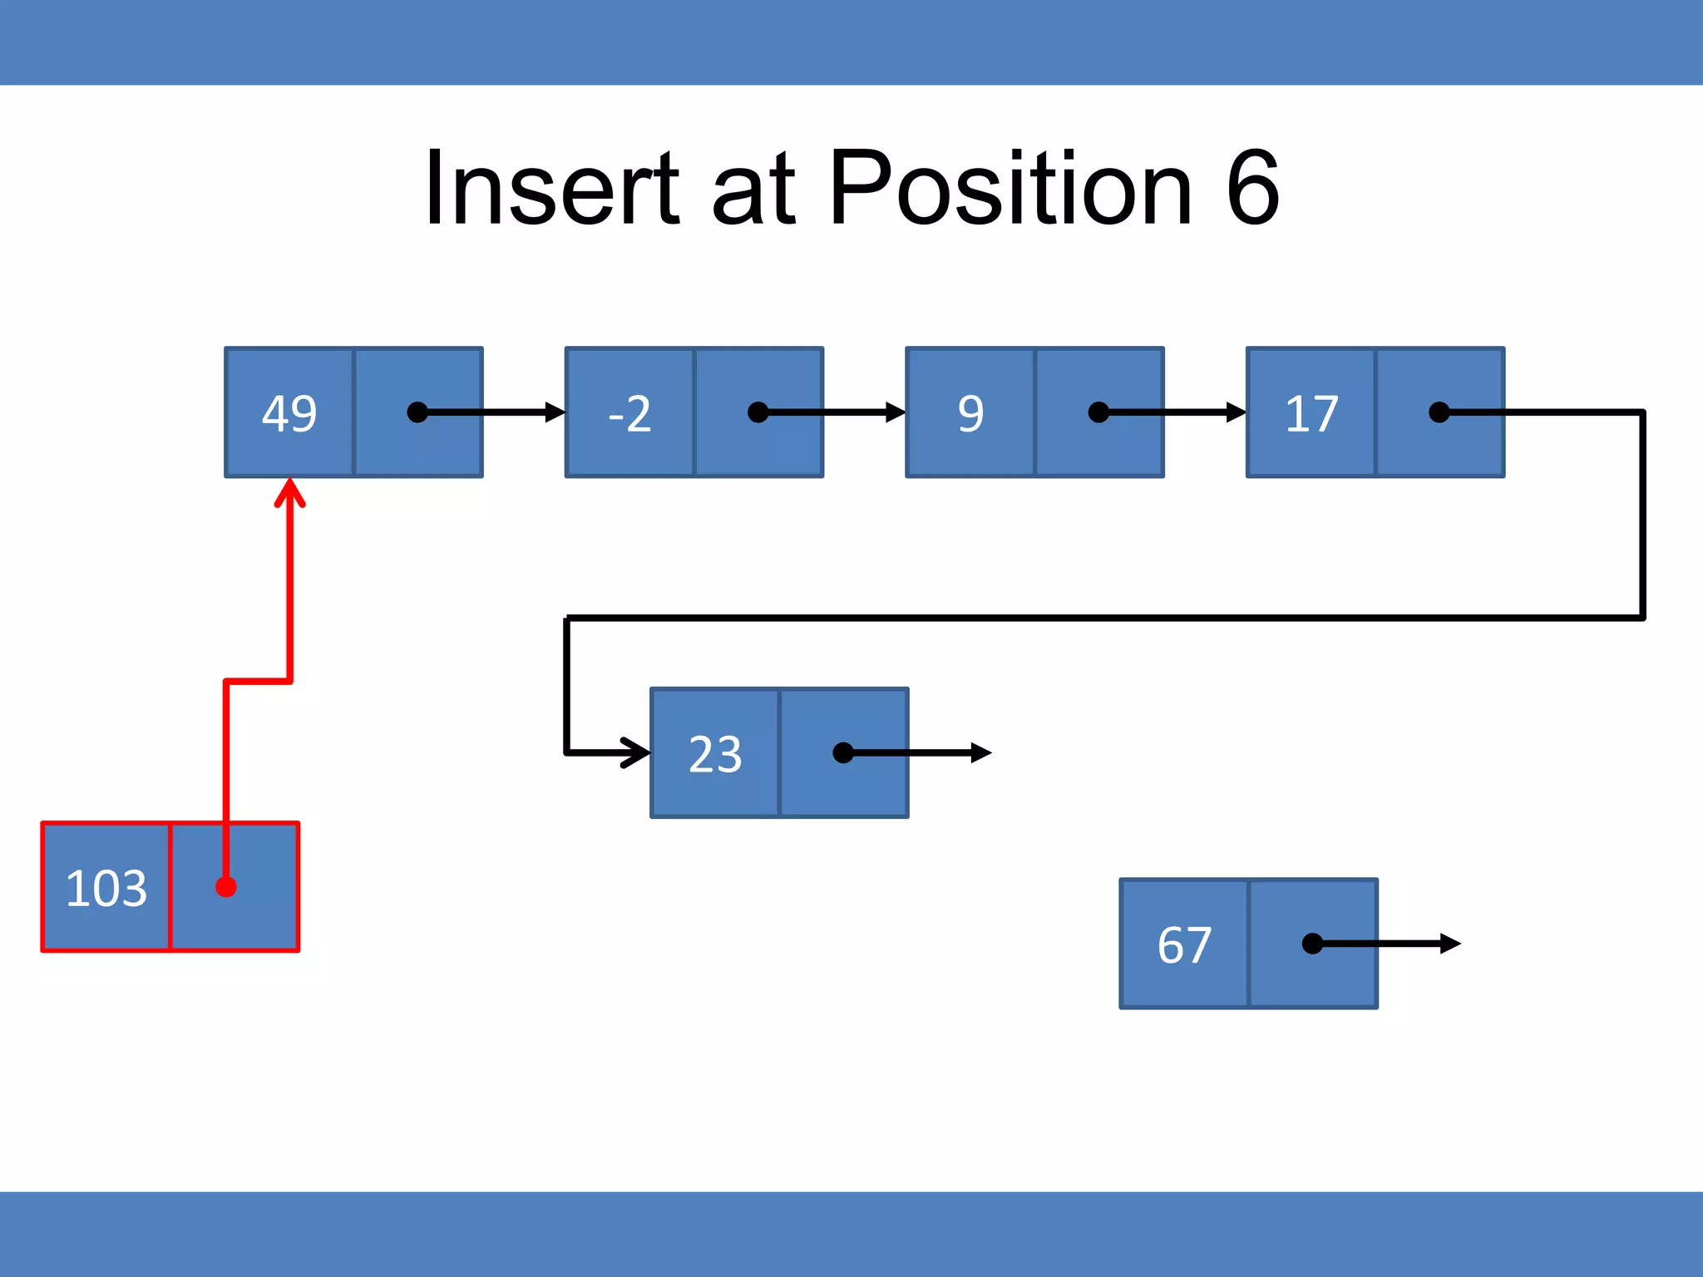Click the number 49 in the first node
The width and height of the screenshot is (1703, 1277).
click(x=289, y=413)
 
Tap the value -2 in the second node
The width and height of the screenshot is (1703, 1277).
click(x=629, y=413)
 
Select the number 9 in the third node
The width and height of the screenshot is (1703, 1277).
click(x=970, y=413)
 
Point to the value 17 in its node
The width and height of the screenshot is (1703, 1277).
click(x=1311, y=413)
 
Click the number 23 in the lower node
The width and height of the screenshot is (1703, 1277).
click(x=715, y=754)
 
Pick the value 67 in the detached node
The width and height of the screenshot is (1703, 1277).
click(x=1184, y=944)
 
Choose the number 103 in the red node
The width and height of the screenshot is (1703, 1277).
click(x=106, y=888)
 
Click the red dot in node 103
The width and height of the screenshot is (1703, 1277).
click(x=226, y=887)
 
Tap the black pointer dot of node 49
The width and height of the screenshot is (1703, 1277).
click(x=417, y=412)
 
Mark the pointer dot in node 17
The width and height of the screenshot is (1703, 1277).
click(x=1439, y=412)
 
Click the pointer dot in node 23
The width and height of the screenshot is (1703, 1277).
click(x=843, y=753)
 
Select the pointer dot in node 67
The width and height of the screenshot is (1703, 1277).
click(x=1312, y=944)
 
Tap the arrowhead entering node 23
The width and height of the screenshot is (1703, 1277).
click(x=639, y=752)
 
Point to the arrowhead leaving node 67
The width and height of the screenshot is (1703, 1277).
click(x=1450, y=944)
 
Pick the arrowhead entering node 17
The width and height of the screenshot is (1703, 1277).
click(x=1237, y=412)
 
